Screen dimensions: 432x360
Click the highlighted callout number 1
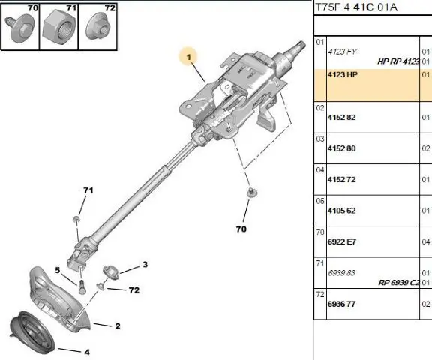(189, 57)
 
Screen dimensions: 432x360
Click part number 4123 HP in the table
(343, 75)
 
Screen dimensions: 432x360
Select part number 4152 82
(342, 117)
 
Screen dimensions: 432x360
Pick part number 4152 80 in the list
(342, 148)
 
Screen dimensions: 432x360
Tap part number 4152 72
(342, 179)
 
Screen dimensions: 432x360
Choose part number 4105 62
(342, 211)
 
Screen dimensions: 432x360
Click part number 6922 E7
(342, 241)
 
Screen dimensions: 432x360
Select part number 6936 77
(342, 304)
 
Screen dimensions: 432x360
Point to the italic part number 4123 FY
(342, 52)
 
